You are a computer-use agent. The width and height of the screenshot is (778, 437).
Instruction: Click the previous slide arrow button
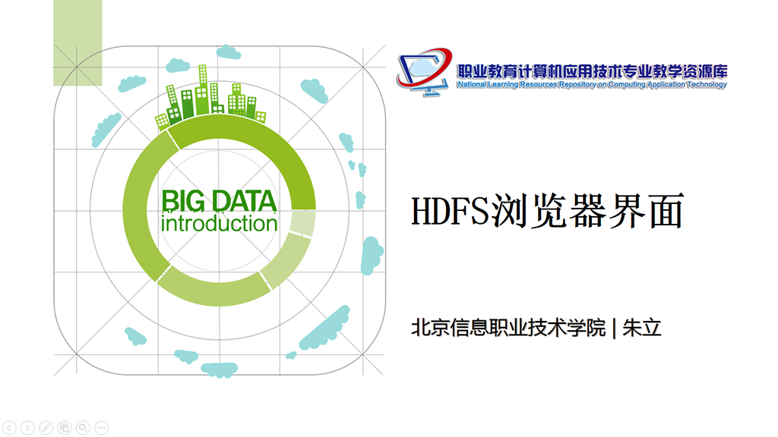click(x=9, y=427)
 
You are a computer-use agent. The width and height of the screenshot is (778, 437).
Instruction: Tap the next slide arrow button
click(x=28, y=427)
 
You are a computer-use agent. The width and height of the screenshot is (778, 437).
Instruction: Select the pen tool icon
click(x=46, y=427)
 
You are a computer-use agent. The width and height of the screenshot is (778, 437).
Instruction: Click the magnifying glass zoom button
click(x=84, y=427)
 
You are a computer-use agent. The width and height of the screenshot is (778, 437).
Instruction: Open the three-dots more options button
click(x=102, y=427)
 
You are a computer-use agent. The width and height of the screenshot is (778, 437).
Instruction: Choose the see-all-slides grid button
click(x=65, y=427)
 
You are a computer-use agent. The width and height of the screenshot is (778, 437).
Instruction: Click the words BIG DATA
click(x=219, y=202)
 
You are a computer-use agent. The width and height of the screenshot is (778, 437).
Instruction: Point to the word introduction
click(x=219, y=224)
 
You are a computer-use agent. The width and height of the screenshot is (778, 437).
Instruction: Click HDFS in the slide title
click(x=450, y=212)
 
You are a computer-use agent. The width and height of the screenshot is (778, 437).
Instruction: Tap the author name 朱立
click(x=642, y=328)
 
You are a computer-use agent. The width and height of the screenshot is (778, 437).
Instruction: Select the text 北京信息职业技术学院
click(x=508, y=328)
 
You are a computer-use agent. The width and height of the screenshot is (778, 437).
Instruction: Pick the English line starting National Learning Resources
click(x=592, y=85)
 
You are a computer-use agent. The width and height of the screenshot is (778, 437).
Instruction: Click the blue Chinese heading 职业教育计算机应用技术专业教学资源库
click(x=592, y=71)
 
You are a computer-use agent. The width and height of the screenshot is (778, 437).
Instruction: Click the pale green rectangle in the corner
click(x=78, y=42)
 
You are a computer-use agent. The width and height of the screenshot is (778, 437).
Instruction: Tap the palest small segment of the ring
click(x=302, y=223)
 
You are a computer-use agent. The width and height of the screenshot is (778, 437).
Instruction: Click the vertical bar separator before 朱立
click(x=614, y=328)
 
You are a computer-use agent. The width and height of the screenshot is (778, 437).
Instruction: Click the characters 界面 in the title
click(x=647, y=212)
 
